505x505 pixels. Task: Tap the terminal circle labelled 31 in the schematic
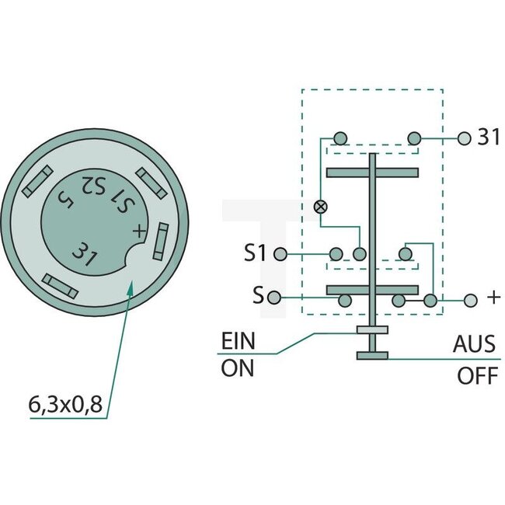pos(465,138)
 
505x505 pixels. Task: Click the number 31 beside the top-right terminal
pos(488,138)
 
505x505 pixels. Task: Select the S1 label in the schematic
pos(255,253)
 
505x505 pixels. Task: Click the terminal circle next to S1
pos(281,254)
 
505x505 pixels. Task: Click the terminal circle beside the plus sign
pos(468,299)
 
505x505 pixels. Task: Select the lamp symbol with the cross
pos(320,207)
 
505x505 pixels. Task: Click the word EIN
pos(239,343)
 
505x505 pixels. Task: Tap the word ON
pos(237,368)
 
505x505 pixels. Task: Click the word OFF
pos(475,378)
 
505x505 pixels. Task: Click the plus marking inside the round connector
pos(139,231)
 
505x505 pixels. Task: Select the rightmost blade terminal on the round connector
pos(162,241)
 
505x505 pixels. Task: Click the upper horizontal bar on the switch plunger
pos(372,172)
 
